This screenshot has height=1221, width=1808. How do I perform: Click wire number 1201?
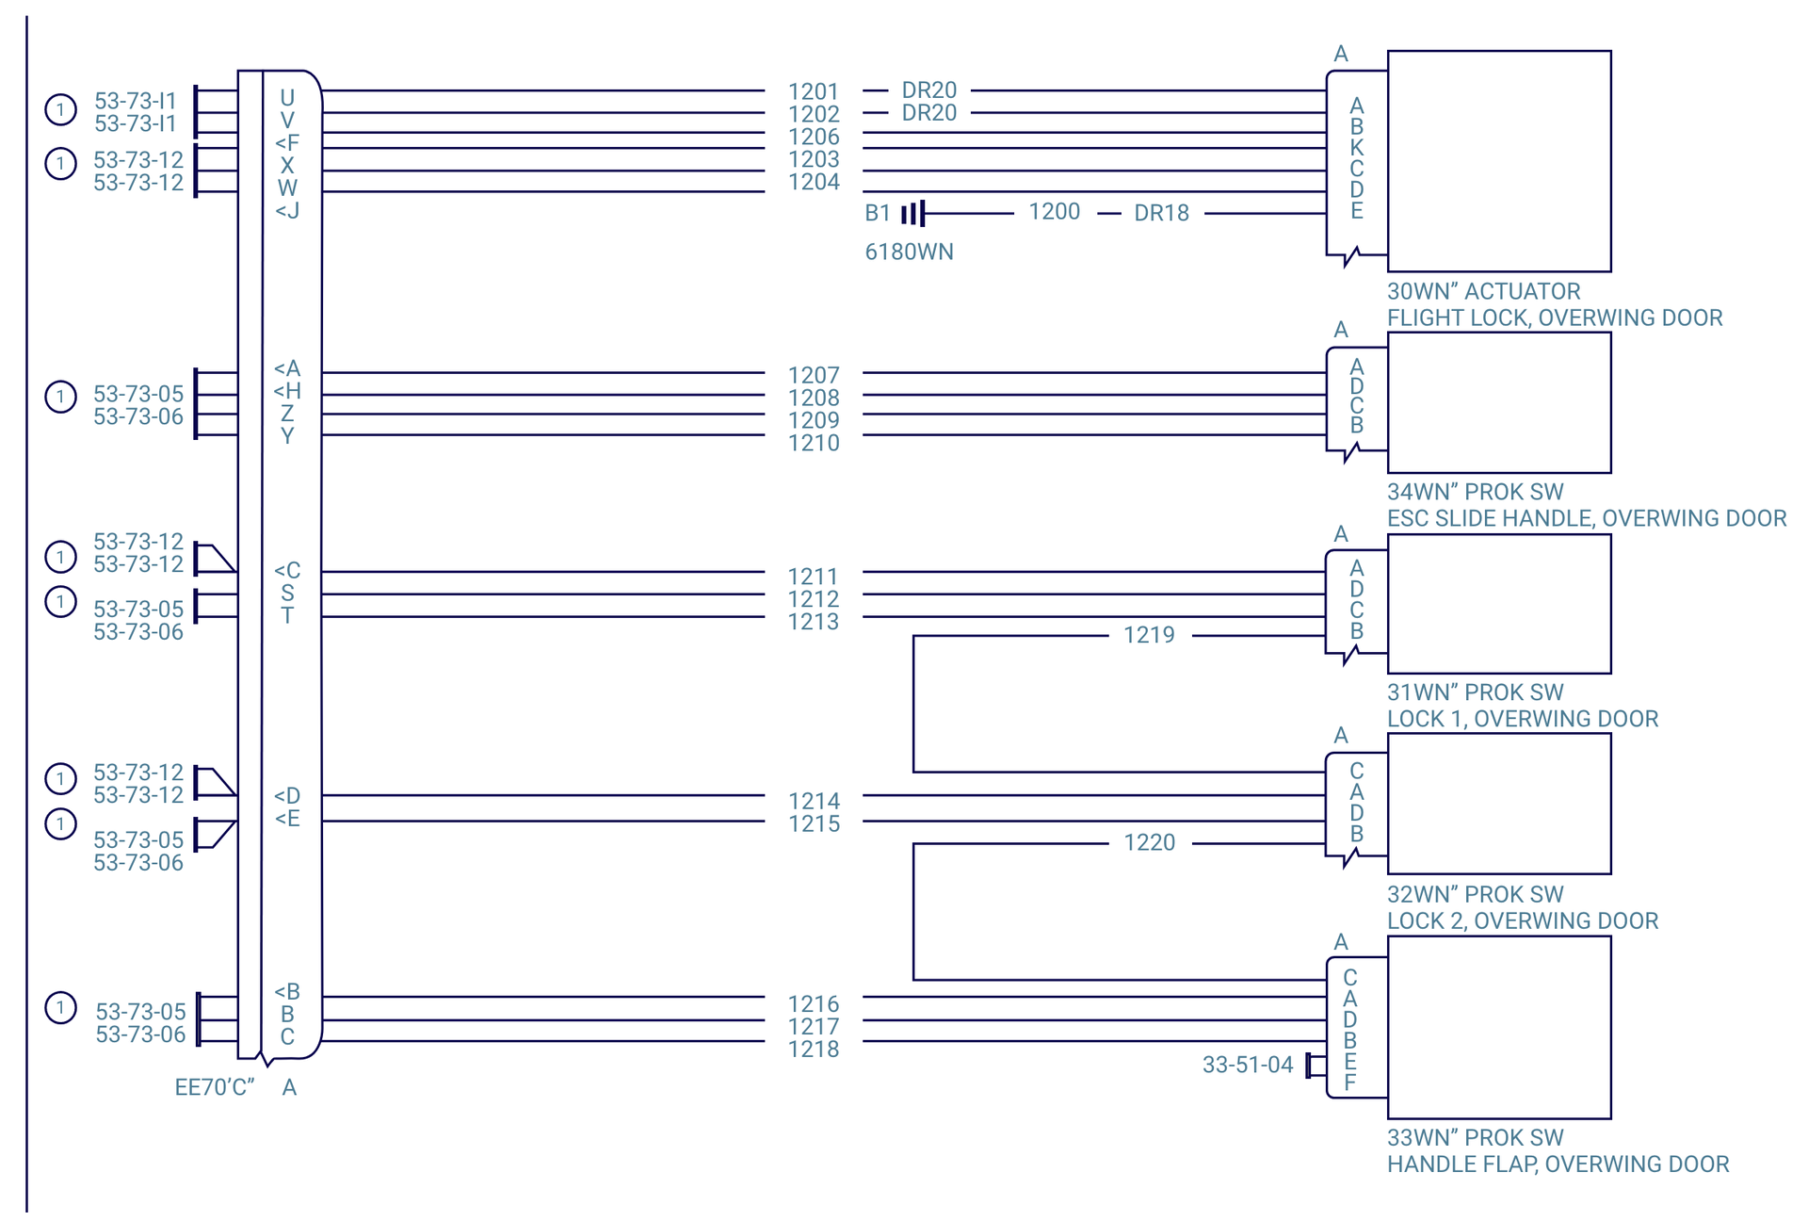(813, 91)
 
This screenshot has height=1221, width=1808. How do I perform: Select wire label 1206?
(814, 137)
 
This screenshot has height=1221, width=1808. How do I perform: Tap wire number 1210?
(814, 443)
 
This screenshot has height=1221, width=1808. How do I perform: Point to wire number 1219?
(1149, 635)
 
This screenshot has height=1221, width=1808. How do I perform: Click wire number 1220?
(1149, 842)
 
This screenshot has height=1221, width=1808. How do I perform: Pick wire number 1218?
(814, 1049)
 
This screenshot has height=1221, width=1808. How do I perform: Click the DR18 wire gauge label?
(1161, 213)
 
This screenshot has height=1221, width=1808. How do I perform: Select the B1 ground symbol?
(912, 214)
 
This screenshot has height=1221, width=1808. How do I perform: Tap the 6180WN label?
(909, 252)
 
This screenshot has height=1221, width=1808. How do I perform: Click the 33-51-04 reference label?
(1248, 1065)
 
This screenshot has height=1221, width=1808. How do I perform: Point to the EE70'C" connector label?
(215, 1087)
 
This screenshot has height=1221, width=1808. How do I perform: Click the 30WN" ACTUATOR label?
(1483, 291)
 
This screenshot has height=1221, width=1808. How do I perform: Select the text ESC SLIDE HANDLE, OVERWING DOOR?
(1586, 518)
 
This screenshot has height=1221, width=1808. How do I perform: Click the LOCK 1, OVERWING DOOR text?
(1522, 719)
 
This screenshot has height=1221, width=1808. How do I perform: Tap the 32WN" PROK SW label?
(1475, 894)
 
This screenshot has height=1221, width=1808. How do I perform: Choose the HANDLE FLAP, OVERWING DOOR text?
(1558, 1164)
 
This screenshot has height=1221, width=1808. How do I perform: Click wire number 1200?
(1054, 211)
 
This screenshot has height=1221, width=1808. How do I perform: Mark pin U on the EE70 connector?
(287, 98)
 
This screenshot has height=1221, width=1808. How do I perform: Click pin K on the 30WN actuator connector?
(1356, 147)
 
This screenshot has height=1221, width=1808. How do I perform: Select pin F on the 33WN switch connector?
(1350, 1083)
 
